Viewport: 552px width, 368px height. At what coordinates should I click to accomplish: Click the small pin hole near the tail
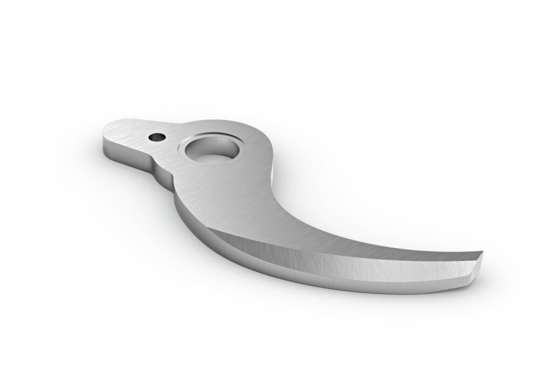(x=156, y=137)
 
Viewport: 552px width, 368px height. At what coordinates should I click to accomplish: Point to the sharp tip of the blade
(x=482, y=253)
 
